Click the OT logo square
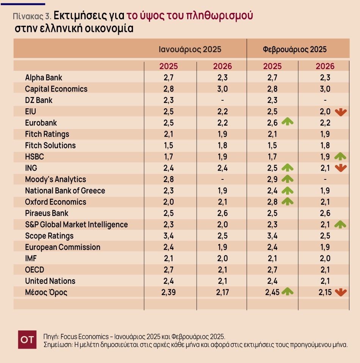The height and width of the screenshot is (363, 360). pos(27,340)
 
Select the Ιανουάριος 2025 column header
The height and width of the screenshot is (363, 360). pos(190,49)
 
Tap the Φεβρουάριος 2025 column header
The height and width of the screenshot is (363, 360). pos(294,49)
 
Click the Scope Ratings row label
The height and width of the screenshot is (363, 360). pos(49,236)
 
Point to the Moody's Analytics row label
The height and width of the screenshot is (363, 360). pos(55,179)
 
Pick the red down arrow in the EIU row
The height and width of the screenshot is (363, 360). pos(341,112)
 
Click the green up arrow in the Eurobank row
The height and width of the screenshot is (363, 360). pos(288,122)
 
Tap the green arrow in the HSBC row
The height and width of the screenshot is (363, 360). pos(340,156)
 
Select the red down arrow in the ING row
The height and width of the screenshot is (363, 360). pos(341,168)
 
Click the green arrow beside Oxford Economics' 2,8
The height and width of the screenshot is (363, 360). pos(288,201)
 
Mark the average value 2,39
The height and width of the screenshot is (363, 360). pos(169,292)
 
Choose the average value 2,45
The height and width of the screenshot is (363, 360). pos(272,292)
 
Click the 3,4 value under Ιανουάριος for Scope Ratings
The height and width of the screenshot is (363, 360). pos(169,236)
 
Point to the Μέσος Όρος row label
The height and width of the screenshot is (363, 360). pos(46,292)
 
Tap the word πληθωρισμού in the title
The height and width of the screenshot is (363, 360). pos(219,16)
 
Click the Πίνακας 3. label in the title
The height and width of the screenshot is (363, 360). pos(32,16)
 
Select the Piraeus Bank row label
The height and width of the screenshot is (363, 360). pos(47,213)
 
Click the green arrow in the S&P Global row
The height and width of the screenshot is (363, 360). pos(340,224)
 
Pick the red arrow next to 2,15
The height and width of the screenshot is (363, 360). pos(341,293)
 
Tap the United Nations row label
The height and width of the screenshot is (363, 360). pos(50,281)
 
